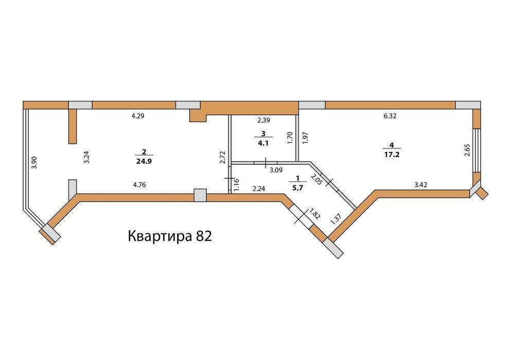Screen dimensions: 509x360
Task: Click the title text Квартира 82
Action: [170, 236]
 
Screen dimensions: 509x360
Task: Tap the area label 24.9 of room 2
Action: [144, 161]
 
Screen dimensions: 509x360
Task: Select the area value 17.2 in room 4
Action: [392, 155]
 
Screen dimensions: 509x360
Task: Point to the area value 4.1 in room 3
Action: [263, 143]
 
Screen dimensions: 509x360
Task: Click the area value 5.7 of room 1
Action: [297, 187]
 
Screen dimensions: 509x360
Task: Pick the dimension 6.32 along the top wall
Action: [390, 116]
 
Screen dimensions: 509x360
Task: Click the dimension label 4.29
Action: [137, 116]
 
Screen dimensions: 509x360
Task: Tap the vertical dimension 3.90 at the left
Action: [35, 162]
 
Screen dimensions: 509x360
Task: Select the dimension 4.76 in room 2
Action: [139, 185]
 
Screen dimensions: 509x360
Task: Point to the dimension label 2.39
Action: [264, 120]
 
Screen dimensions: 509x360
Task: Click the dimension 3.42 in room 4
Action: [420, 185]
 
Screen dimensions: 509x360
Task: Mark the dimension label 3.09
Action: [276, 169]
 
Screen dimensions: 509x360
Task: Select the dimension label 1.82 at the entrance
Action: [314, 215]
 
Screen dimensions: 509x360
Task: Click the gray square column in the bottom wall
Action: [200, 196]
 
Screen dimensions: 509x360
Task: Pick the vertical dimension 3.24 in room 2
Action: [86, 158]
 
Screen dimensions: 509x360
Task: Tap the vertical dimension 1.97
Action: [305, 138]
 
